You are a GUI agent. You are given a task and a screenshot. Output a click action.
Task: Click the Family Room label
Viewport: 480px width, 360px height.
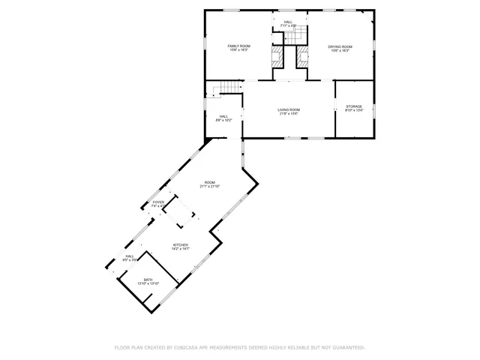pos(239,46)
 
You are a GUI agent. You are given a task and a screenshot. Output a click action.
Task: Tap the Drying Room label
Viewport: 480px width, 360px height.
pos(340,46)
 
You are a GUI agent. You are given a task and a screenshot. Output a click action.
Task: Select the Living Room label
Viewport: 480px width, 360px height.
pos(289,109)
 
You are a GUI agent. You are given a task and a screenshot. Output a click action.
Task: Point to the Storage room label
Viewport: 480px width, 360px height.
pos(354,106)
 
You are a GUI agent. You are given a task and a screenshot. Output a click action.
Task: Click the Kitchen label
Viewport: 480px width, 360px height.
pos(181,245)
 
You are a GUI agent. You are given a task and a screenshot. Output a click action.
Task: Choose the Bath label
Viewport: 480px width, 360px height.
pos(148,280)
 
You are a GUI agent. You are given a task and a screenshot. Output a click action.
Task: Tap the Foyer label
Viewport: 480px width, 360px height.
pos(158,202)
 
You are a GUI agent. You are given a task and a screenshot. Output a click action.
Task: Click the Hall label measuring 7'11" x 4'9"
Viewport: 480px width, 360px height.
pos(289,22)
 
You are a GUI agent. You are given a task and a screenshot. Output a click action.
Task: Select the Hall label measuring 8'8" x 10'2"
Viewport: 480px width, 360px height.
pos(223,116)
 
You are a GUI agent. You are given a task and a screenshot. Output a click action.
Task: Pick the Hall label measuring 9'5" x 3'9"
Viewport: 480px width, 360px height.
pos(130,256)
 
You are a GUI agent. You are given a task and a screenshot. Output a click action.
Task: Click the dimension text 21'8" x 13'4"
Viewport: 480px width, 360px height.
pos(289,114)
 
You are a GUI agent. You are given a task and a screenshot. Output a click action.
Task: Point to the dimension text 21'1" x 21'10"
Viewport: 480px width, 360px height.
pos(210,187)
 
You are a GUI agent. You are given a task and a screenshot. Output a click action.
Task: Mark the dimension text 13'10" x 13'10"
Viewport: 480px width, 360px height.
pos(148,284)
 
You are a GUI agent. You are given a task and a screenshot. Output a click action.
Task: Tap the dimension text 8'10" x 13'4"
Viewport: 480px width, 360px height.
pos(354,111)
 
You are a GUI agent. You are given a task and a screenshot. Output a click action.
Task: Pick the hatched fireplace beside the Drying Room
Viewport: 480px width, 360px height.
pos(302,55)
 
